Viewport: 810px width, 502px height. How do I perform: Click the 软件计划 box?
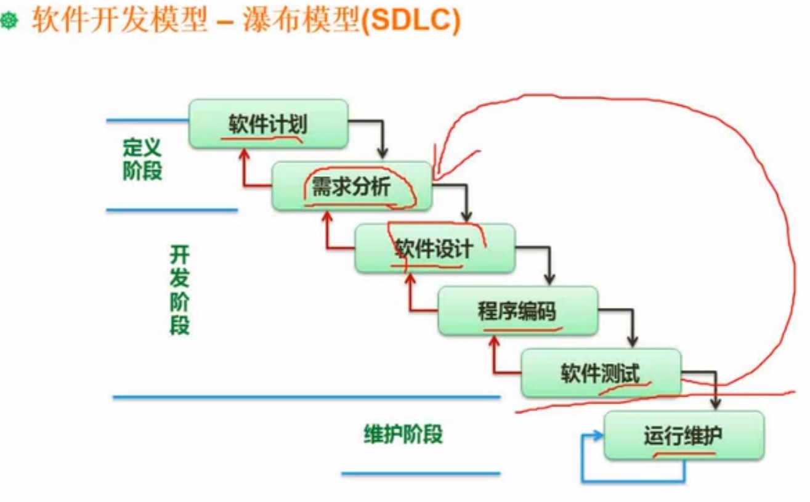[x=268, y=124]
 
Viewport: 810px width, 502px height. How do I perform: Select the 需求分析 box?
[x=351, y=186]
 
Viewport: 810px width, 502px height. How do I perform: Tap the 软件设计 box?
[x=434, y=248]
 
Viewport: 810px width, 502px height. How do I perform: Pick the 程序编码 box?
[x=517, y=310]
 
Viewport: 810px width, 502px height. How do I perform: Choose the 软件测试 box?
[x=601, y=373]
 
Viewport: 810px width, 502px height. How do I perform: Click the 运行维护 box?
[x=684, y=435]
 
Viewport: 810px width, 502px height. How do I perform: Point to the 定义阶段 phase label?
[x=142, y=158]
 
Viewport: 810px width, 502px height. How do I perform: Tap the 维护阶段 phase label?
[x=403, y=435]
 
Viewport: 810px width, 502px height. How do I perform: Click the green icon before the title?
[x=10, y=22]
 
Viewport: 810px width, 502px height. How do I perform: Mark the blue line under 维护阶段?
[x=420, y=474]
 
